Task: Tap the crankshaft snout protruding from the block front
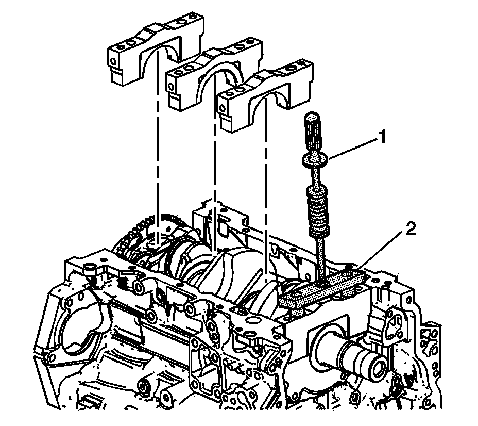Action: pyautogui.click(x=361, y=356)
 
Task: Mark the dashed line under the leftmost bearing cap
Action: pyautogui.click(x=156, y=155)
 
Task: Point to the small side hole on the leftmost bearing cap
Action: pyautogui.click(x=113, y=63)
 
